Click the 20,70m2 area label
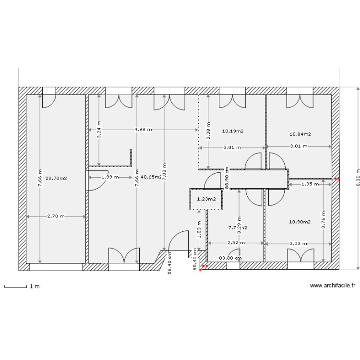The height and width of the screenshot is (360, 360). tap(56, 178)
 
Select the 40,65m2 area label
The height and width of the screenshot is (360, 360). tap(152, 177)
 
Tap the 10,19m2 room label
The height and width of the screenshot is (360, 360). tap(233, 131)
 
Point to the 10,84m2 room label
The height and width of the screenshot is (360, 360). tap(300, 134)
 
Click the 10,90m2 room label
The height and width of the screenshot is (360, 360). tap(300, 222)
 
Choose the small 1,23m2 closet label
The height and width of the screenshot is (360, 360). tap(206, 199)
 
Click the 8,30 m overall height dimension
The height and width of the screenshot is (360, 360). tap(358, 179)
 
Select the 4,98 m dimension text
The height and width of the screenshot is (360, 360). tap(143, 130)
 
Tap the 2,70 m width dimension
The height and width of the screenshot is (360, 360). tap(56, 216)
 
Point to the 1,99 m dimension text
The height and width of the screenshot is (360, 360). tap(109, 177)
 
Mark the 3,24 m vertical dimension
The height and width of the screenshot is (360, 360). tap(99, 130)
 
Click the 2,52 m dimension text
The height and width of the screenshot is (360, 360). tap(236, 243)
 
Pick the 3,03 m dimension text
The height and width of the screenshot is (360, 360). tap(298, 243)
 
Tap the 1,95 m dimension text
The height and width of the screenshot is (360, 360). tap(309, 184)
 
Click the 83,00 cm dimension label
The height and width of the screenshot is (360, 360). tap(229, 258)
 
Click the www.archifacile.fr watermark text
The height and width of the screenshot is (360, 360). tap(333, 285)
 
